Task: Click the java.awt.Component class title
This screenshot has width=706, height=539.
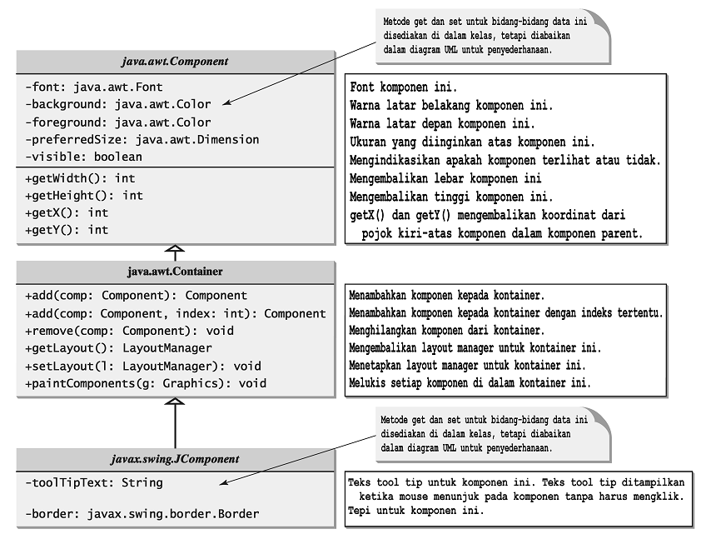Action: coord(175,62)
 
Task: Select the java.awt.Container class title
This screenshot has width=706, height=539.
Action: coord(175,272)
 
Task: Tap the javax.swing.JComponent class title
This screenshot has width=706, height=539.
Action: coord(175,458)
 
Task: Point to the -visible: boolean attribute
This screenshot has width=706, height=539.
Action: coord(83,157)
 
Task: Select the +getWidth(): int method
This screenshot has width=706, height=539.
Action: coord(79,177)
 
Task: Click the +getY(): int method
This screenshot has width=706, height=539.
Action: coord(67,230)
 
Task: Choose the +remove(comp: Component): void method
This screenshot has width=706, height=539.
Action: coord(129,331)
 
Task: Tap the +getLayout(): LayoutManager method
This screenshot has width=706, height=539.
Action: coord(118,348)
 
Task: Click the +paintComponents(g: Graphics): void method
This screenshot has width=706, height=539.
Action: coord(146,383)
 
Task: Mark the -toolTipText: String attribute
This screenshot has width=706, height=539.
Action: coord(94,482)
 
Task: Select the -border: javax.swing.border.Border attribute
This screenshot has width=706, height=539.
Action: coord(142,513)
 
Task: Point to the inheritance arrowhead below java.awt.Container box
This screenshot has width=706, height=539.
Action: coord(175,403)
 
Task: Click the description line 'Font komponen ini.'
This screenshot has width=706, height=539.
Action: coord(403,87)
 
